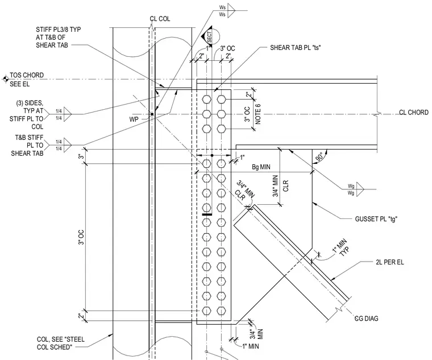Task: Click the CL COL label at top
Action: pyautogui.click(x=160, y=19)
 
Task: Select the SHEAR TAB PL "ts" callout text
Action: pyautogui.click(x=296, y=48)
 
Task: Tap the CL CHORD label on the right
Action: pyautogui.click(x=414, y=113)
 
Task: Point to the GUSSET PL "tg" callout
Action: pyautogui.click(x=376, y=219)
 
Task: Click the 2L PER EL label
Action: pyautogui.click(x=389, y=262)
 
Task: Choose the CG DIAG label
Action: pyautogui.click(x=366, y=318)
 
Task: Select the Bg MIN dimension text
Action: pyautogui.click(x=261, y=167)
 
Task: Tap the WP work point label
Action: pyautogui.click(x=134, y=119)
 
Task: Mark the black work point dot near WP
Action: pyautogui.click(x=152, y=114)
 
